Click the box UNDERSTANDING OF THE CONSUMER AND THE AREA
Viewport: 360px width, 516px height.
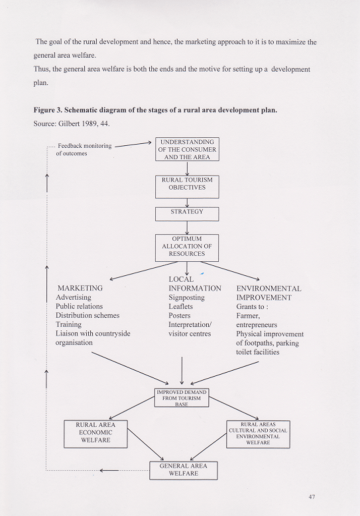pyautogui.click(x=187, y=149)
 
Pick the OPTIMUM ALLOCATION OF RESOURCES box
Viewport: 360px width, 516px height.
pyautogui.click(x=187, y=247)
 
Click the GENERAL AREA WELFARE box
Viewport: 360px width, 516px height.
pyautogui.click(x=183, y=470)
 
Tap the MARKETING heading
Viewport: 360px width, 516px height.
pyautogui.click(x=81, y=288)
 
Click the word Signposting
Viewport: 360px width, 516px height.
pyautogui.click(x=187, y=298)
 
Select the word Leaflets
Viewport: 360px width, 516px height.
pyautogui.click(x=181, y=307)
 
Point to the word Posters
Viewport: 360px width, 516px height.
pyautogui.click(x=179, y=316)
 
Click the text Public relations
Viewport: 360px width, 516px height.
pyautogui.click(x=79, y=306)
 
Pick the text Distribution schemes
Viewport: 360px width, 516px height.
pyautogui.click(x=88, y=315)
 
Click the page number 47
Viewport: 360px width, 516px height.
pyautogui.click(x=312, y=497)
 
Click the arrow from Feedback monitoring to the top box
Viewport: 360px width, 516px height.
pyautogui.click(x=133, y=144)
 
